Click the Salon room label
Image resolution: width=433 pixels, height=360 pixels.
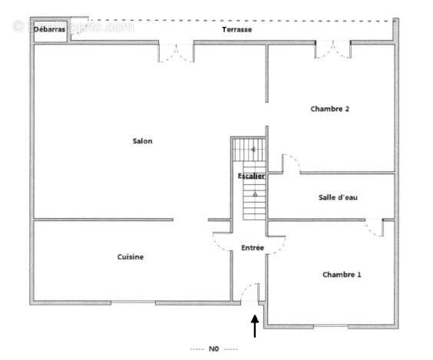(x=142, y=140)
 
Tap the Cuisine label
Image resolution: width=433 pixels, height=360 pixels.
(x=130, y=257)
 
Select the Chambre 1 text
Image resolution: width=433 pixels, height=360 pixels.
(x=342, y=274)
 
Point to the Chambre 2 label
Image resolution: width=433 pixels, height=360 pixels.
(x=330, y=109)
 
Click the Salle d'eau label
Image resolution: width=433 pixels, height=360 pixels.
(x=338, y=197)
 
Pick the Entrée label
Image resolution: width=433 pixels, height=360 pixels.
(x=253, y=248)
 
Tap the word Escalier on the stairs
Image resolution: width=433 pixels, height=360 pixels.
(x=251, y=177)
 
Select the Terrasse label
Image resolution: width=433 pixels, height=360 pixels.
(x=237, y=29)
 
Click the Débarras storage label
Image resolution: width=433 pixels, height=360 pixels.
(x=50, y=29)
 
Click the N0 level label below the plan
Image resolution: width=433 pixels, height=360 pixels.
(x=214, y=349)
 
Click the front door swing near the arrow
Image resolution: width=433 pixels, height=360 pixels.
(x=247, y=292)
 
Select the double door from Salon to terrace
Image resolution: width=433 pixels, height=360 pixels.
(x=176, y=52)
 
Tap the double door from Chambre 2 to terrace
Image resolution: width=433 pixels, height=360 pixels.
(x=332, y=49)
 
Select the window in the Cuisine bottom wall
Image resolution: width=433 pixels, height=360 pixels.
(x=133, y=302)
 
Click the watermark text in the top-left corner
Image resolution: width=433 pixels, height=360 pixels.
(x=73, y=26)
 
